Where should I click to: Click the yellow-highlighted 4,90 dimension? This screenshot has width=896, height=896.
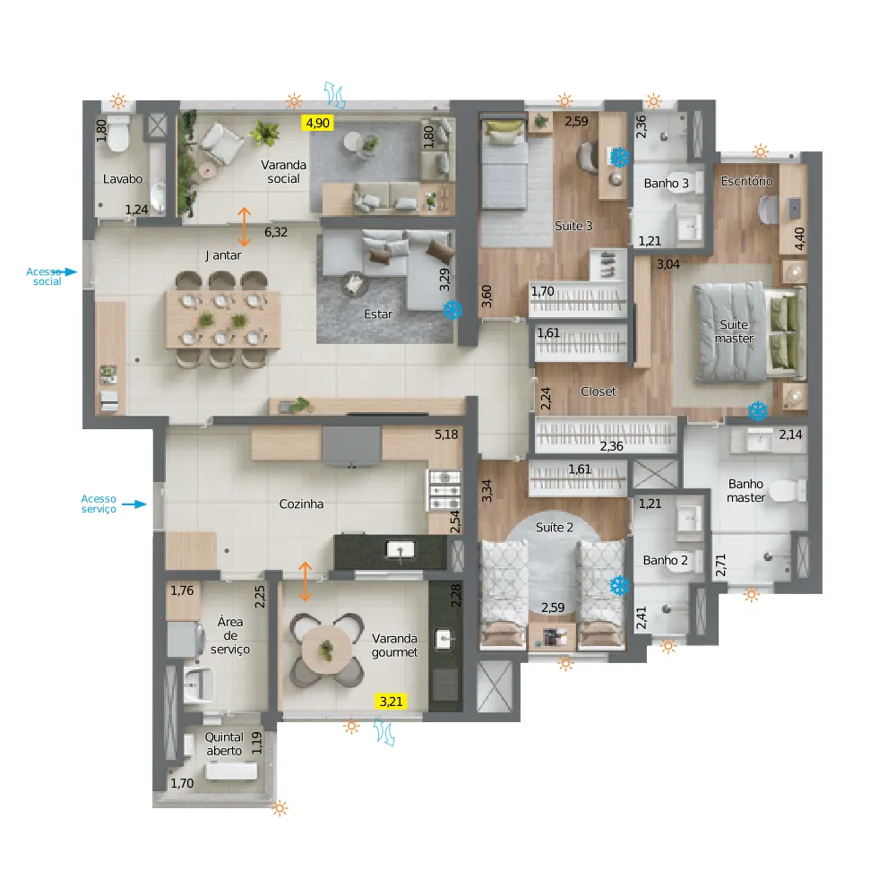(x=318, y=123)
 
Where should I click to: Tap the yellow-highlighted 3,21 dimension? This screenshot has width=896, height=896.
(x=391, y=702)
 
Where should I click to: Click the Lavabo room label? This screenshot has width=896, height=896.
(x=122, y=179)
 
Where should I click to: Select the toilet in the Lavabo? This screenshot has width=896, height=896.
(x=118, y=134)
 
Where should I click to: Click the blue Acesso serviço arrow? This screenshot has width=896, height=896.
(x=134, y=504)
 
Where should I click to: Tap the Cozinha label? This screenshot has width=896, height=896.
(x=301, y=504)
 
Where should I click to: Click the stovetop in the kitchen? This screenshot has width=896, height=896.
(x=444, y=490)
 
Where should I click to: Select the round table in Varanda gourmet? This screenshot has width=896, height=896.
(x=326, y=650)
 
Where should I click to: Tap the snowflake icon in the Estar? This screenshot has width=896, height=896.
(x=452, y=310)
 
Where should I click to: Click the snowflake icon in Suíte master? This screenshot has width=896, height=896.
(x=758, y=411)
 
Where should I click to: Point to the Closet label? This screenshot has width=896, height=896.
(x=599, y=392)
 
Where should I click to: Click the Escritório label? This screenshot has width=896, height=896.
(x=746, y=181)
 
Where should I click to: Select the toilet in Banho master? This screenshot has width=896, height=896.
(x=787, y=490)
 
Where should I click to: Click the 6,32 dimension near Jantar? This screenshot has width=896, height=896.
(x=275, y=232)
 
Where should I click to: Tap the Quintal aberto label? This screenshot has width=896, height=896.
(x=224, y=744)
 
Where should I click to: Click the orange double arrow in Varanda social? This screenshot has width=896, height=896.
(x=244, y=227)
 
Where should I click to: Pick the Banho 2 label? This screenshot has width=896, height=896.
(x=665, y=560)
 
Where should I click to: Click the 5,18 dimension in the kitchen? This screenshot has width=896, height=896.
(x=446, y=435)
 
